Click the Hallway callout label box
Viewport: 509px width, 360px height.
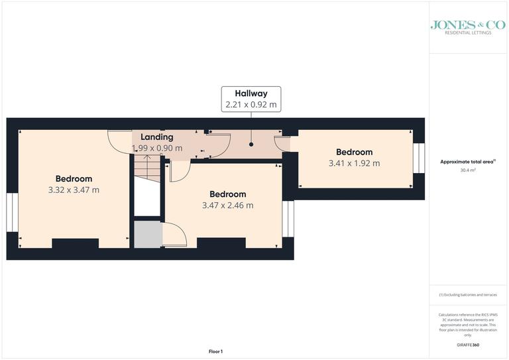(x=251, y=99)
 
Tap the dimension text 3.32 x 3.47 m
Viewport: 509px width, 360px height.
(x=74, y=190)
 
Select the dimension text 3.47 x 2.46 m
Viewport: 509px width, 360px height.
(x=227, y=206)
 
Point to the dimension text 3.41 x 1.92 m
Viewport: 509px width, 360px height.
(x=354, y=163)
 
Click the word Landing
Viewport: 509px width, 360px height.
(x=156, y=137)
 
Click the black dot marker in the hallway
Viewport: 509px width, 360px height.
(x=251, y=143)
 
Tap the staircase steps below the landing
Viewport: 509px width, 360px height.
(x=146, y=168)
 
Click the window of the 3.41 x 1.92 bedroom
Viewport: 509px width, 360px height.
(x=418, y=158)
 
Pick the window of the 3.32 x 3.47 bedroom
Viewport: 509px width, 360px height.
(x=11, y=213)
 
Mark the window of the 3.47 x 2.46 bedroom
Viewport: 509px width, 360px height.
(x=288, y=218)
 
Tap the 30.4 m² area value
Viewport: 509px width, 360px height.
(x=469, y=170)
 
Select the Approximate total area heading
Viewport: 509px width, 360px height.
(x=468, y=162)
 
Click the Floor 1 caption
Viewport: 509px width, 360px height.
(x=215, y=351)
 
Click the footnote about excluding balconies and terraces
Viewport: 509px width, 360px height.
(x=468, y=294)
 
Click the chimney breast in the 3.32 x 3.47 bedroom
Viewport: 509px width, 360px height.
(x=74, y=243)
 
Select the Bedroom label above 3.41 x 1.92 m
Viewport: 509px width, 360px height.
(x=354, y=152)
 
